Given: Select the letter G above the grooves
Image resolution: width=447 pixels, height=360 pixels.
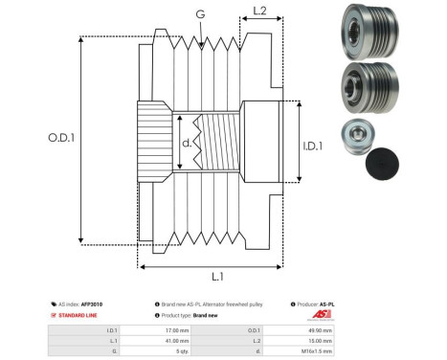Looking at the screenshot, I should coord(199,13).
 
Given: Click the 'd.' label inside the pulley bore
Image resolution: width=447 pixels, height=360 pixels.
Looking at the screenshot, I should coord(187,144).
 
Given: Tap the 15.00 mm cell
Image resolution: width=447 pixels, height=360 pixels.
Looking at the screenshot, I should coord(322,340).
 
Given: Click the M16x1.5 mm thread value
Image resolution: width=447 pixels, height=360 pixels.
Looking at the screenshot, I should coord(320,351).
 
